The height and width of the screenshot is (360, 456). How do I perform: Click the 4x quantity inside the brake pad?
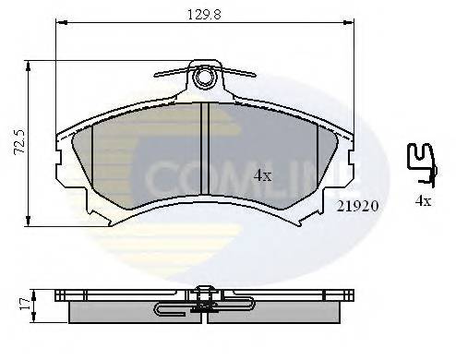[262, 175]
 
